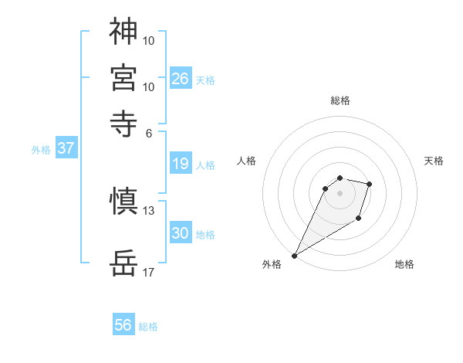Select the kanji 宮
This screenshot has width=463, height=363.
click(x=123, y=77)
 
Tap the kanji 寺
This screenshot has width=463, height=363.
click(x=123, y=122)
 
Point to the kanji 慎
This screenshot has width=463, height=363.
click(x=123, y=202)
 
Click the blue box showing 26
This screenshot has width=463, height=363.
click(x=181, y=78)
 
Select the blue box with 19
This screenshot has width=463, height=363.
click(x=181, y=164)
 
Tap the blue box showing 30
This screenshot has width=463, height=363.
click(x=181, y=233)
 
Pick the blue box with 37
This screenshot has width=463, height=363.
click(x=66, y=148)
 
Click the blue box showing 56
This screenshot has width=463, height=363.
click(x=123, y=325)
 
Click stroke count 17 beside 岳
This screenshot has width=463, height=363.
click(x=149, y=273)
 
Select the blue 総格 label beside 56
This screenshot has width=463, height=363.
click(x=148, y=327)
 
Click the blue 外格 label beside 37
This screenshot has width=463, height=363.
click(x=41, y=150)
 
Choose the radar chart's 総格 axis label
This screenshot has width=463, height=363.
click(x=340, y=100)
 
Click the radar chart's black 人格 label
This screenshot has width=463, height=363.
click(x=247, y=161)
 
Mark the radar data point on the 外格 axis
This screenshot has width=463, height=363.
click(x=294, y=256)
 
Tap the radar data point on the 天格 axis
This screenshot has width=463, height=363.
click(x=370, y=184)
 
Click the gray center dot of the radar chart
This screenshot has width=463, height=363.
click(x=340, y=193)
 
